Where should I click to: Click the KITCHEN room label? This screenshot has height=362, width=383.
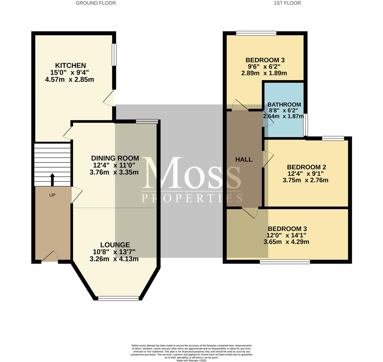pos(70,65)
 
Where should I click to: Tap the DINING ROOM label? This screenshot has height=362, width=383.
pos(115,158)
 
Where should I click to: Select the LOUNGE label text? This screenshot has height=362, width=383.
pos(115,245)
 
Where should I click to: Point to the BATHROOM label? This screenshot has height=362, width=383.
pos(284,105)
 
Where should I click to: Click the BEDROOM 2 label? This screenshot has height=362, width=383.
pos(306,167)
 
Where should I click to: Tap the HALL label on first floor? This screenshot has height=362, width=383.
pos(244,160)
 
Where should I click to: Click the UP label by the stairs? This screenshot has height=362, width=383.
pos(52,195)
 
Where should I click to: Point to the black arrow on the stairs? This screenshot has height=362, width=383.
pos(52,180)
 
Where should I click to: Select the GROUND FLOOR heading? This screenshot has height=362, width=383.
pos(96,3)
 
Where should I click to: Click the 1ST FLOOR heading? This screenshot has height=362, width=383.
pos(287,3)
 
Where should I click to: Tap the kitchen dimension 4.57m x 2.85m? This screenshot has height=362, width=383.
pos(70,79)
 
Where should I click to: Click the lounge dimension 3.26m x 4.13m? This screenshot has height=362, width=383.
pos(114,259)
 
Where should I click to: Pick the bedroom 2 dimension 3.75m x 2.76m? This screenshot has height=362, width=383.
pos(306,180)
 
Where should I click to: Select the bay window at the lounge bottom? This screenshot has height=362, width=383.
pos(119,298)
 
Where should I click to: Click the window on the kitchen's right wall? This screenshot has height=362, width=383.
pos(114,55)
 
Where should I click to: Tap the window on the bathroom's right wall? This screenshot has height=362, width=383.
pos(306,125)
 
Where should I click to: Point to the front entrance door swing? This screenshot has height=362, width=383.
pos(50,256)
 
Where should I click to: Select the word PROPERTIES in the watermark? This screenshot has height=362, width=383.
pos(192,198)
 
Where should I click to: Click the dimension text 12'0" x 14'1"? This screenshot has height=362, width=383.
pos(286,236)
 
